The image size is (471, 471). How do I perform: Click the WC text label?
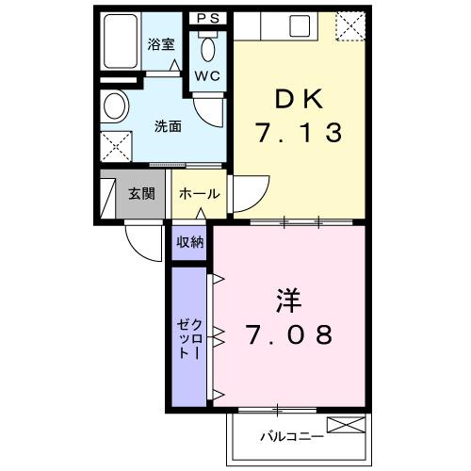207,76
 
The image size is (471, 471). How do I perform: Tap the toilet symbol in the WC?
207,47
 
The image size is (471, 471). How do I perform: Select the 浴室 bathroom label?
160,42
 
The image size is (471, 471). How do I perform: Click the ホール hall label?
199,194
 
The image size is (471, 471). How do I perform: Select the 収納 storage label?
189,242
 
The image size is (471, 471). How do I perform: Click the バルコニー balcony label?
292,436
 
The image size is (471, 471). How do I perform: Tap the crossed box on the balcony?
345,427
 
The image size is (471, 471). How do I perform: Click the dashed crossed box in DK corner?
349,27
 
